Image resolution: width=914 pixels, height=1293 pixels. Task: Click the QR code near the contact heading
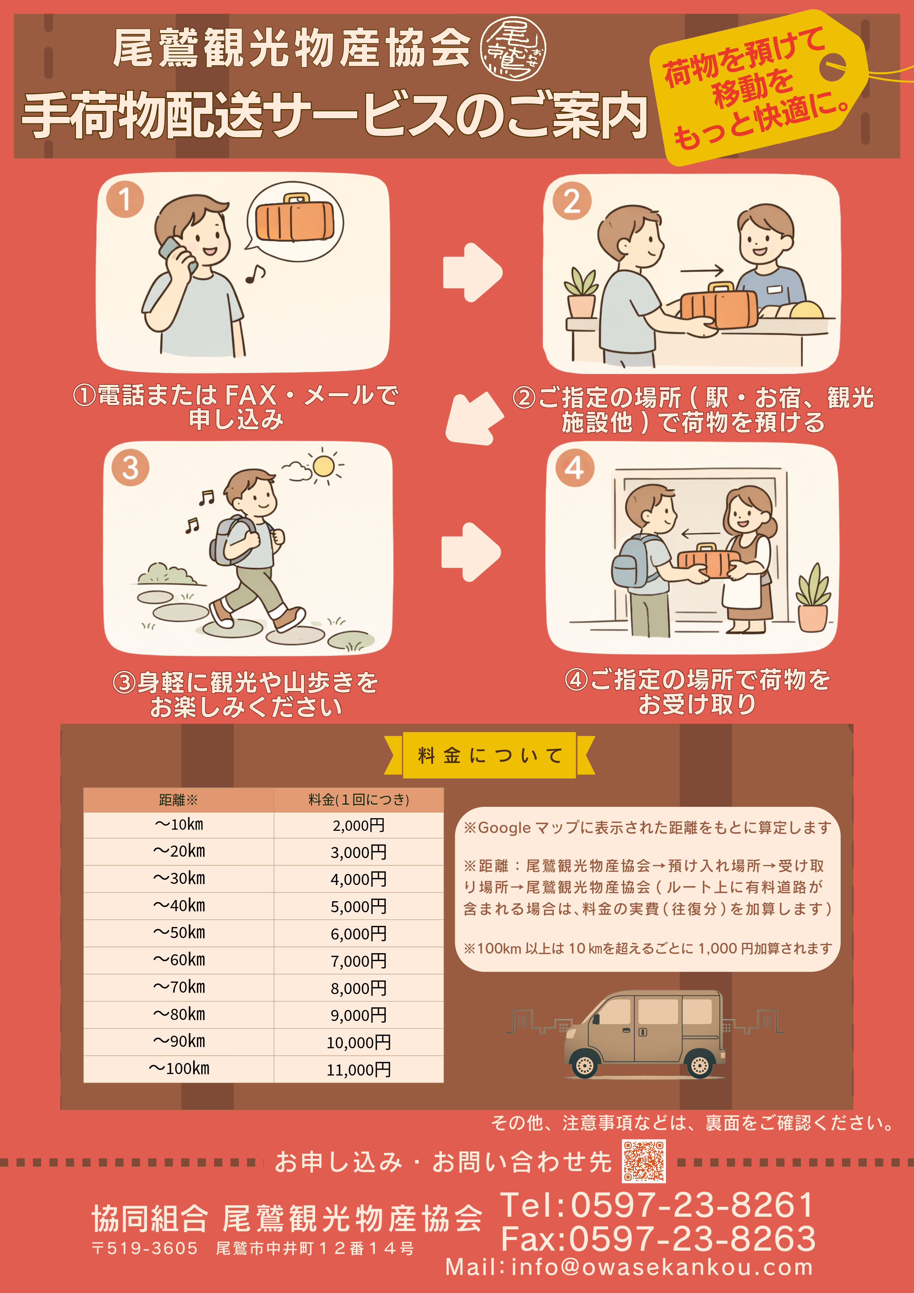click(x=644, y=1161)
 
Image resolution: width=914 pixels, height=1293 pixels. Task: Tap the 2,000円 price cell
click(x=359, y=825)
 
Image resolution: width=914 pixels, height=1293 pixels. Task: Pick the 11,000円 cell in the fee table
click(x=359, y=1069)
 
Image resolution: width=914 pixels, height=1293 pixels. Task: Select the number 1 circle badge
click(x=125, y=199)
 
